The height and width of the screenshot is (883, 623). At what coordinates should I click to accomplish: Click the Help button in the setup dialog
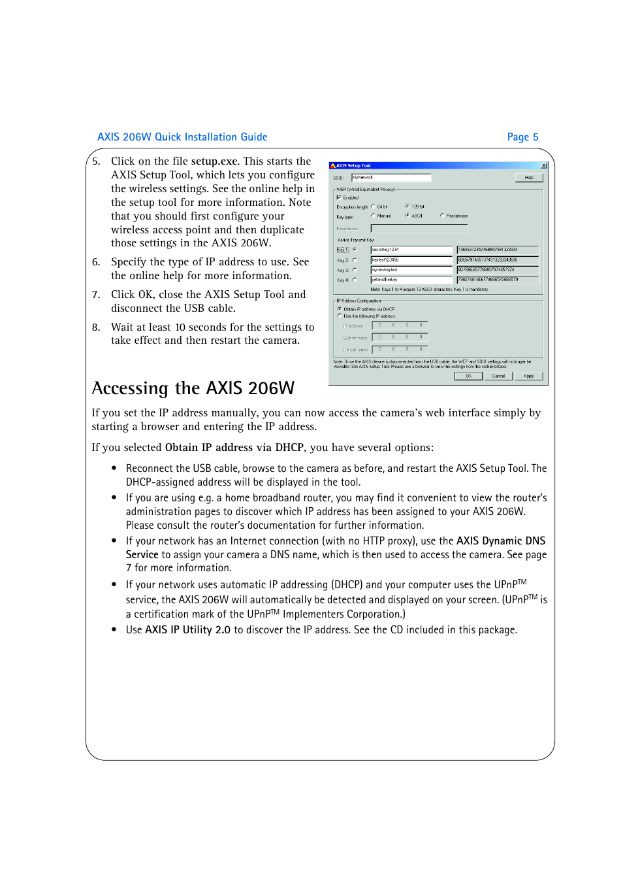528,178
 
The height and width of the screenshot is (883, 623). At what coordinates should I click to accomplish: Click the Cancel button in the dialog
498,376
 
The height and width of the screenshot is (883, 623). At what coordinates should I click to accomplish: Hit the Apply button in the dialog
528,376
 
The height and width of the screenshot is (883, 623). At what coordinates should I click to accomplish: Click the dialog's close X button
544,166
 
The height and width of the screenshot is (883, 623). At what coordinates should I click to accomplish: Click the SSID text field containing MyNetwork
391,178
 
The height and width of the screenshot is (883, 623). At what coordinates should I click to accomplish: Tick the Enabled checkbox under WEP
339,197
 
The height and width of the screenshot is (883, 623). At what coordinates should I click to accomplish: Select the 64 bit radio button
374,207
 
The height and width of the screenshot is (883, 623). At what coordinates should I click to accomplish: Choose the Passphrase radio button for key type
443,216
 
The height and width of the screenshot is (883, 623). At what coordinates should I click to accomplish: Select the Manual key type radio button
374,216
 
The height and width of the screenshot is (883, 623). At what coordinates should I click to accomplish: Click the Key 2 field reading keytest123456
411,260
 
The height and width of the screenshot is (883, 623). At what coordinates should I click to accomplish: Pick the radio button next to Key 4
355,280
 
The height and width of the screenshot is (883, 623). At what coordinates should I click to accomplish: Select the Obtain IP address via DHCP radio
340,309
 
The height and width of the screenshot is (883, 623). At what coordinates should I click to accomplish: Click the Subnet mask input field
400,337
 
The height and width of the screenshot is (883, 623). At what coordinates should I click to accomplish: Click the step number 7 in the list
96,295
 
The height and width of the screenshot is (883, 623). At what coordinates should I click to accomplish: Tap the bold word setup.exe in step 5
214,161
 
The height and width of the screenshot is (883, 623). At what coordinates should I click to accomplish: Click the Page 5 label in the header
522,137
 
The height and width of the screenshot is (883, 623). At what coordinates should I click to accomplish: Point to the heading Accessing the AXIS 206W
193,388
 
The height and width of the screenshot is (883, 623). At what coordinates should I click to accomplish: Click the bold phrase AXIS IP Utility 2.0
187,630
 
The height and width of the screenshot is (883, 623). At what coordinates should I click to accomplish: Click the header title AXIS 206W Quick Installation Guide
182,137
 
